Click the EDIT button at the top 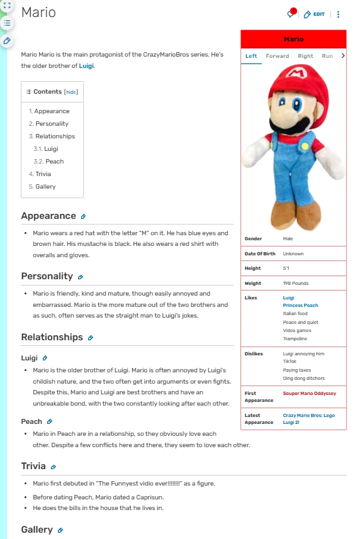coord(314,14)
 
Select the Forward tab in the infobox coord(277,56)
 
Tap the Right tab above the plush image coord(305,56)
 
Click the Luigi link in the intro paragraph coord(86,65)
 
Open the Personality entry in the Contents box coord(52,124)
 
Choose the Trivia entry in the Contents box coord(43,174)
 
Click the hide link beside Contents coord(71,92)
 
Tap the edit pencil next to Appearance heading coord(83,216)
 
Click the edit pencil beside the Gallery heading coord(60,530)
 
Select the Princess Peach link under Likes coord(300,305)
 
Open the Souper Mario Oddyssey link coord(309,393)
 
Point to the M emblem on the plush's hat coord(295,73)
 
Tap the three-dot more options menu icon coord(339,14)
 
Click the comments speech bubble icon coord(291,14)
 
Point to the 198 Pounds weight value coord(295,283)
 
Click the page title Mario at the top coord(38,13)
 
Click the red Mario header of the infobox coord(293,39)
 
